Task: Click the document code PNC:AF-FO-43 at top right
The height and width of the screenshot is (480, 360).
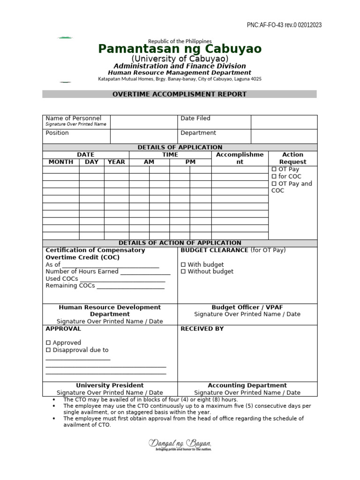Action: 284,25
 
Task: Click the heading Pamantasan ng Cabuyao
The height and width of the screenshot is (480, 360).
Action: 180,49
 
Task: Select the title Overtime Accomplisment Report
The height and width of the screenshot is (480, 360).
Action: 180,94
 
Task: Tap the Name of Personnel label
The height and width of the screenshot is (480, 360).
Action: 73,119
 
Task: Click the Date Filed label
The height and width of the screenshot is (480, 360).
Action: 195,119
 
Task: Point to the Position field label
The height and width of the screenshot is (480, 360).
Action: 57,133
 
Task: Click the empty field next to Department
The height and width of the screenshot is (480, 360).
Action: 284,136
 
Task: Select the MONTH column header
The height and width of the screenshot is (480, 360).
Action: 61,162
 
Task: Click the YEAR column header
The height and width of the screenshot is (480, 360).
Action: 116,162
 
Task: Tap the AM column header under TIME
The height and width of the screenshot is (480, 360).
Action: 149,162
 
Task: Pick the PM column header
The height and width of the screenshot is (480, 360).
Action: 190,162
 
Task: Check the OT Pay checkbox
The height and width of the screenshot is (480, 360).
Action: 274,169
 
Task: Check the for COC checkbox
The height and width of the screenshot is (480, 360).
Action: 274,177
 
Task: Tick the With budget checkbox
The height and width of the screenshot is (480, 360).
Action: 183,265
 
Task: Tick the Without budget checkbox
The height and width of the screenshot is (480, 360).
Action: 183,272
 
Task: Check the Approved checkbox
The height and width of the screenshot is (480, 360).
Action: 48,343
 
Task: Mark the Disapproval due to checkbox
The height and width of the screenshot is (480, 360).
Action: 48,350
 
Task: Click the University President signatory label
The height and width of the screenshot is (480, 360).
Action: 110,386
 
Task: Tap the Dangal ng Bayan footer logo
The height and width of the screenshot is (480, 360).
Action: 180,444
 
